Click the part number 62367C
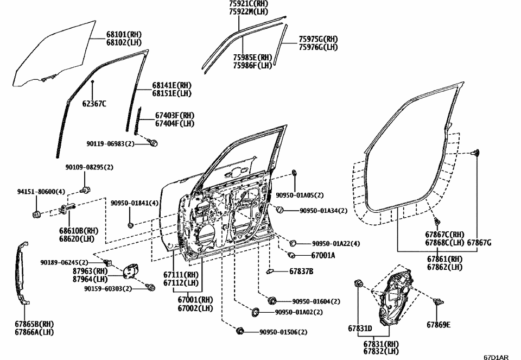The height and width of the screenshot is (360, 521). pyautogui.click(x=94, y=104)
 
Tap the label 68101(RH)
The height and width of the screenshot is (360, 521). pyautogui.click(x=124, y=35)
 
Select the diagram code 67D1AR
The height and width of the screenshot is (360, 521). pyautogui.click(x=496, y=356)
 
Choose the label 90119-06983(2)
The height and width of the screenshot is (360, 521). pyautogui.click(x=110, y=143)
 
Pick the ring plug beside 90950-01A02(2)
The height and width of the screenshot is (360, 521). pyautogui.click(x=254, y=312)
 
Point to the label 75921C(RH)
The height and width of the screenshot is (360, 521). pyautogui.click(x=248, y=4)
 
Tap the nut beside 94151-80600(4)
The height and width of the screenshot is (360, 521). pyautogui.click(x=37, y=213)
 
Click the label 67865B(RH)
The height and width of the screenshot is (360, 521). pyautogui.click(x=34, y=324)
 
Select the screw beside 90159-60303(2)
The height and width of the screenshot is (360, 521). pyautogui.click(x=151, y=287)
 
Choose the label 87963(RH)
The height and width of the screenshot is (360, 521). pyautogui.click(x=90, y=271)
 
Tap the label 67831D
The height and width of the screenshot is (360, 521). pyautogui.click(x=360, y=328)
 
